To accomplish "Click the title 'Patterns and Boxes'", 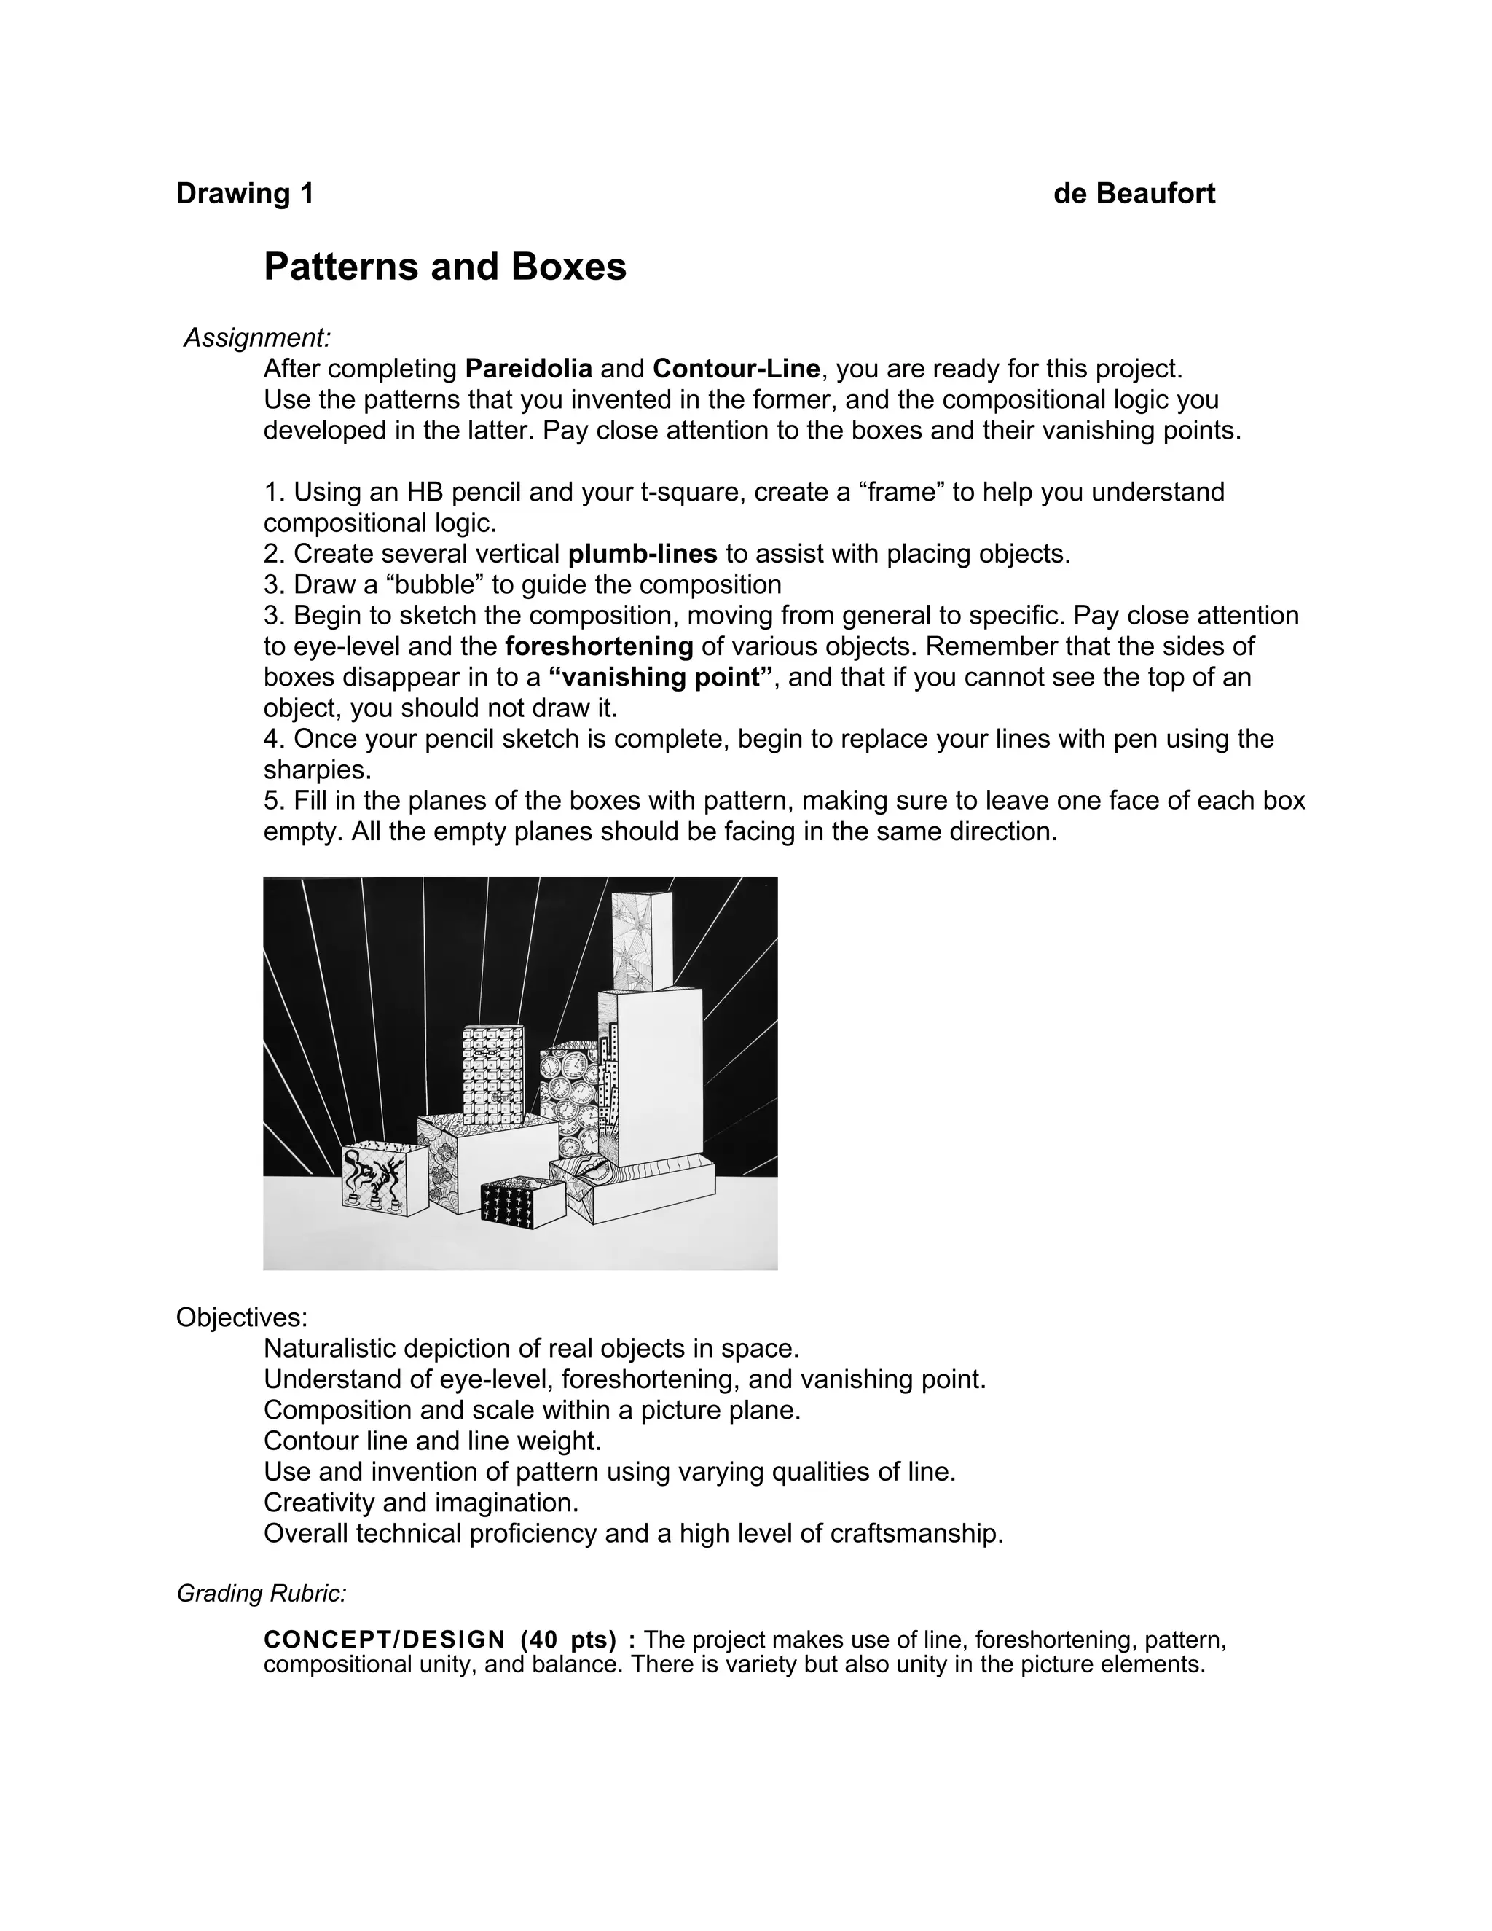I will click(444, 267).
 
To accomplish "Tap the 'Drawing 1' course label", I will click(245, 194).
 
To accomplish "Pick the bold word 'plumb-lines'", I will click(642, 554).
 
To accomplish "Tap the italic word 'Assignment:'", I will click(257, 338).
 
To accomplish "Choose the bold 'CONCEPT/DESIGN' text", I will click(385, 1640).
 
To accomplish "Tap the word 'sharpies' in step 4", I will click(315, 770).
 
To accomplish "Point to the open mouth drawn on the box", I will click(589, 1171).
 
